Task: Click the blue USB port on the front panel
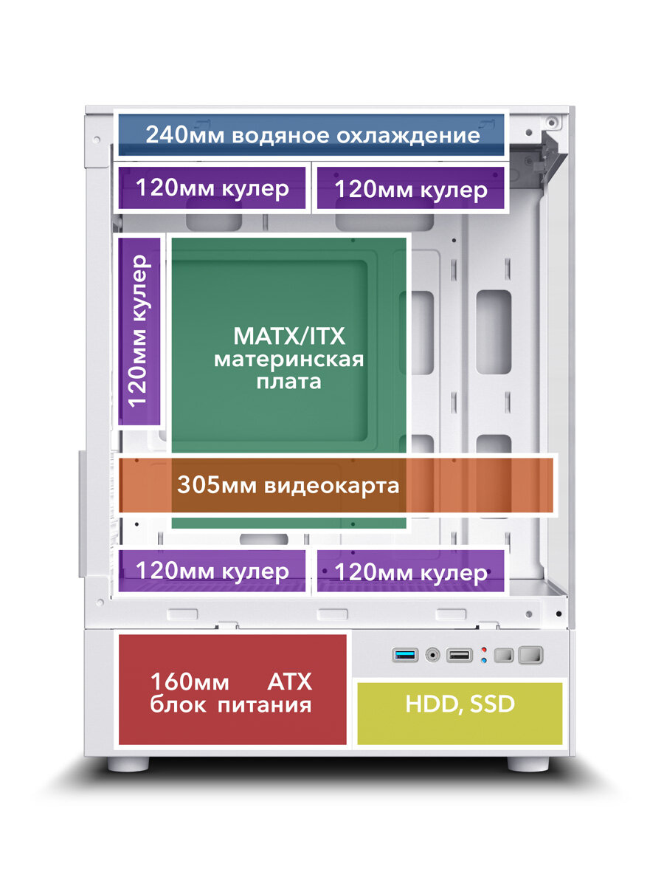click(405, 654)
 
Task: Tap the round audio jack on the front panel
click(432, 654)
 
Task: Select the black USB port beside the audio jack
click(459, 654)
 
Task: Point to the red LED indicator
click(483, 650)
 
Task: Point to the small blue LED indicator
click(483, 660)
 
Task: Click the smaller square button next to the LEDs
click(505, 655)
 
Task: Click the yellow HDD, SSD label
click(459, 704)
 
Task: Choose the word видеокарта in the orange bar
click(331, 485)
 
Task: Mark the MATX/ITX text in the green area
click(288, 337)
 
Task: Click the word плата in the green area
click(288, 382)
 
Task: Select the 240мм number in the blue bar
click(186, 135)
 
